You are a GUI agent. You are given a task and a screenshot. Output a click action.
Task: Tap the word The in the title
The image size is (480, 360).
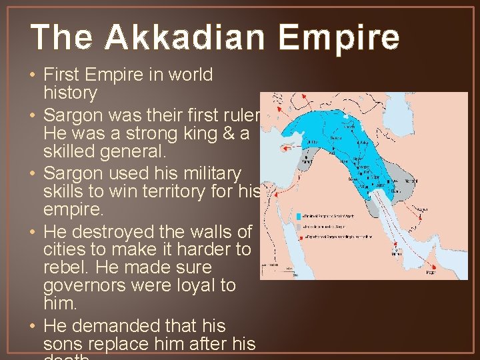click(59, 38)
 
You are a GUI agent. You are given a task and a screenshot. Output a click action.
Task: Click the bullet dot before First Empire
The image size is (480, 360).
click(35, 75)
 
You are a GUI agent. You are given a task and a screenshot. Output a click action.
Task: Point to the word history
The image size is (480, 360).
click(70, 93)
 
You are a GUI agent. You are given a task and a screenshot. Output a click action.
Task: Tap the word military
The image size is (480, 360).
click(208, 173)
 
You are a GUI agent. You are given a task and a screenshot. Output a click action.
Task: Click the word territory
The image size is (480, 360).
click(189, 191)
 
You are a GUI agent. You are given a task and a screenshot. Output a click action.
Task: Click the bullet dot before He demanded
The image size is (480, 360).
click(35, 327)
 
